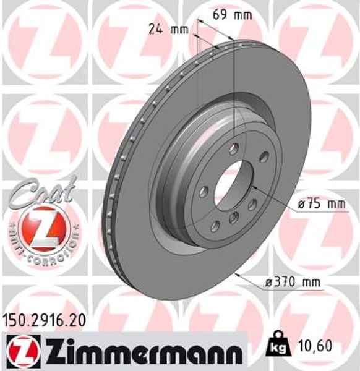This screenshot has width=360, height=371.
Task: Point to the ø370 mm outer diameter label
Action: pyautogui.click(x=294, y=283)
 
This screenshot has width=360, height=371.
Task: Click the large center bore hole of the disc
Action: pyautogui.click(x=234, y=184)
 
